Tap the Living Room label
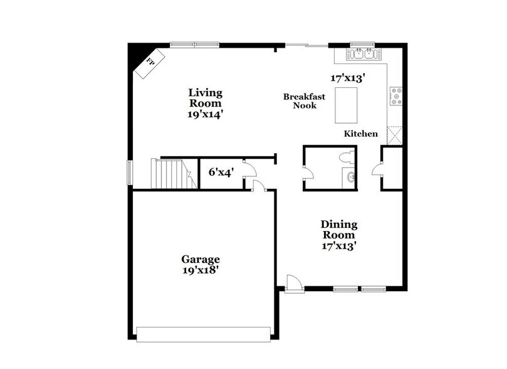pos(206,98)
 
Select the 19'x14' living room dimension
pos(206,115)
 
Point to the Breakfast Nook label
pos(300,101)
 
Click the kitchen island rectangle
pos(347,105)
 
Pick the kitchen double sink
pos(362,55)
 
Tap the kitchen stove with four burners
pos(396,96)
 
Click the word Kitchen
pos(360,134)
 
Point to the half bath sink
pos(350,177)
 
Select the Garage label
pos(201,259)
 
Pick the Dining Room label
pos(339,230)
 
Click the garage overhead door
pos(204,334)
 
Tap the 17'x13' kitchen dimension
pos(348,79)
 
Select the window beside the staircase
pos(130,173)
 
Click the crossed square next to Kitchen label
pos(395,135)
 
